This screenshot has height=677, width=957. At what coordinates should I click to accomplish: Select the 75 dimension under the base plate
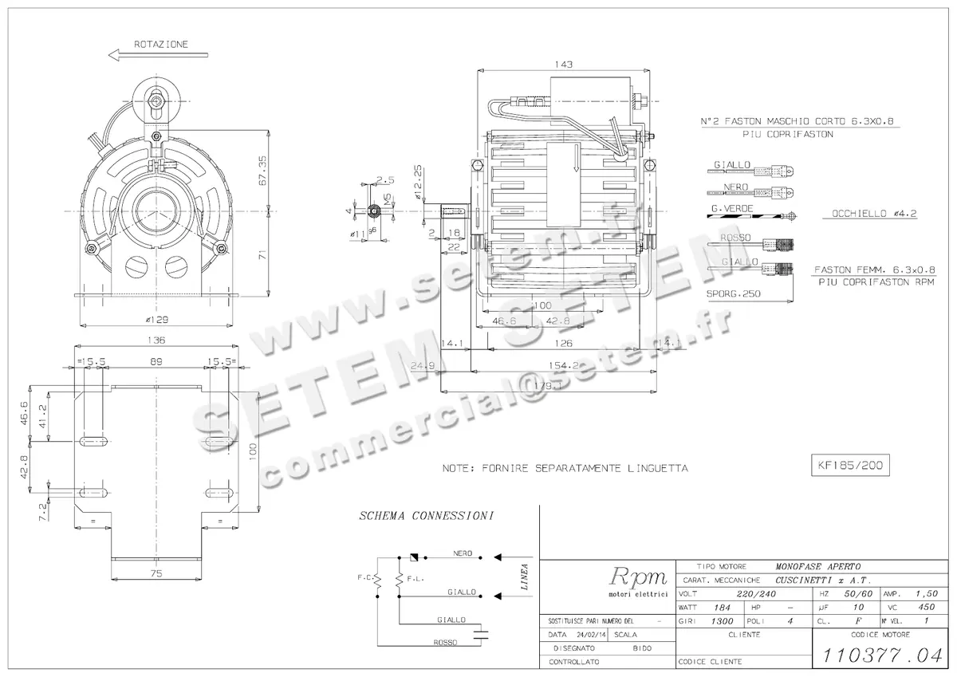157,573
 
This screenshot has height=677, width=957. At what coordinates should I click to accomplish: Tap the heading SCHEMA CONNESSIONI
426,516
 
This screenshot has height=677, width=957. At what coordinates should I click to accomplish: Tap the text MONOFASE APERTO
819,565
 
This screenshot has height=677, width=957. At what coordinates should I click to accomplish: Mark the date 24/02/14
589,635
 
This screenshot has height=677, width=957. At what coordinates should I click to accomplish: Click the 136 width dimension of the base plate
156,340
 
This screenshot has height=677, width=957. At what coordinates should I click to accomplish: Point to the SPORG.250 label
734,293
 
